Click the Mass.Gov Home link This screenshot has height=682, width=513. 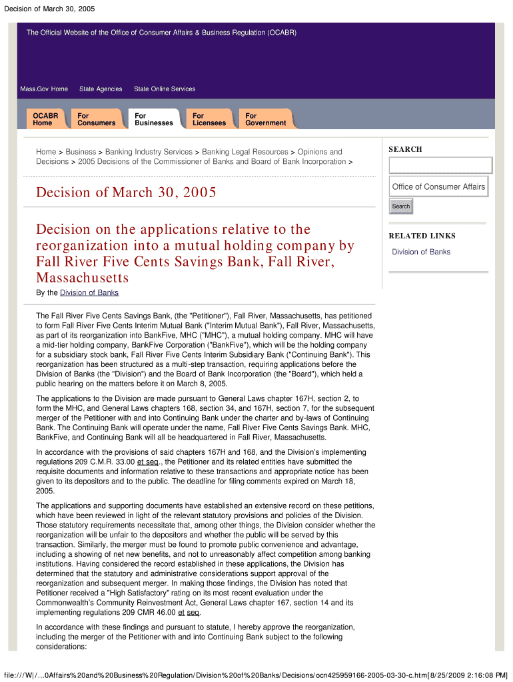tap(44, 89)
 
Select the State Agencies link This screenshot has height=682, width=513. tap(101, 89)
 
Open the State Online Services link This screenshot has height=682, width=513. tap(165, 89)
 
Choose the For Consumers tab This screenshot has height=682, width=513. tap(96, 119)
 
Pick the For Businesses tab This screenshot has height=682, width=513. tap(153, 119)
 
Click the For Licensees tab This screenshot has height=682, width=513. tap(209, 119)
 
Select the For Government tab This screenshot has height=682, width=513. tap(265, 119)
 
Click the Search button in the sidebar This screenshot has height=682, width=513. tap(401, 206)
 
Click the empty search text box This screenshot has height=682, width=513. tap(440, 165)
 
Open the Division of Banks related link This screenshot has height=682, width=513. tap(421, 252)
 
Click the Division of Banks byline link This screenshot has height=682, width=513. tap(89, 293)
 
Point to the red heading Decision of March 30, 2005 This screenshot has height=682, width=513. tap(126, 192)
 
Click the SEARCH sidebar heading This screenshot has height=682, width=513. tap(406, 149)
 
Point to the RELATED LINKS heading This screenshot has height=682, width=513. tap(422, 236)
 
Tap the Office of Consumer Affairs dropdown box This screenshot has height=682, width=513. tap(438, 186)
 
